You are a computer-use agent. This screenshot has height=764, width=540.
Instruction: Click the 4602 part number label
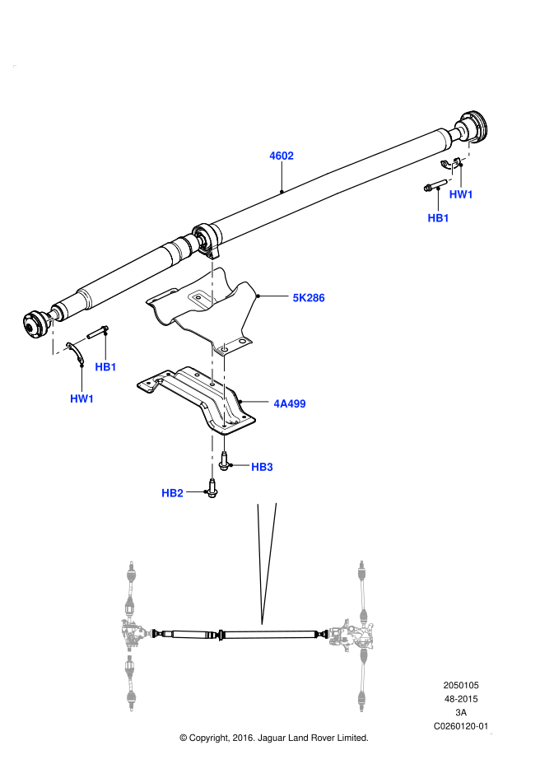click(x=282, y=156)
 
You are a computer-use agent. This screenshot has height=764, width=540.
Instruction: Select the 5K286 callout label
click(x=309, y=298)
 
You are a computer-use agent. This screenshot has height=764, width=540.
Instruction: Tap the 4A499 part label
click(x=290, y=403)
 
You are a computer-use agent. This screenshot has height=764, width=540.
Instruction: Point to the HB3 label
click(x=262, y=467)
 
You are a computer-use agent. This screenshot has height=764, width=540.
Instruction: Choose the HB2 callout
click(x=172, y=493)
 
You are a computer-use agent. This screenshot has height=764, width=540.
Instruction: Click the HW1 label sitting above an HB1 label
click(x=461, y=194)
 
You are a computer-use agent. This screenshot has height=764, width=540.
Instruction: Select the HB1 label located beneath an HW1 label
click(x=439, y=218)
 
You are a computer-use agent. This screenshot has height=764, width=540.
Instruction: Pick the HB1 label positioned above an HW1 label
click(x=105, y=367)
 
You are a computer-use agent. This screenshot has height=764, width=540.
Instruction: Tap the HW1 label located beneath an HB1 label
click(x=82, y=399)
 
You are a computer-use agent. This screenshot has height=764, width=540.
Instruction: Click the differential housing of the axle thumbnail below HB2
click(x=134, y=633)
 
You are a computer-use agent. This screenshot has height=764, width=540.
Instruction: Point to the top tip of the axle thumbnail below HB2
click(x=131, y=564)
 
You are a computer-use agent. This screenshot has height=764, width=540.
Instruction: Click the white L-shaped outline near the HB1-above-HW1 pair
click(x=54, y=338)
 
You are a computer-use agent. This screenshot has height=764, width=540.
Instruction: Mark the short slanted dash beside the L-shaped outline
click(x=79, y=341)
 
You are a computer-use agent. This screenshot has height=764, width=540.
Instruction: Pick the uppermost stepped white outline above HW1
click(x=470, y=148)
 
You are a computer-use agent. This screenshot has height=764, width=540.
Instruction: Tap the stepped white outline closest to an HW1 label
click(x=451, y=172)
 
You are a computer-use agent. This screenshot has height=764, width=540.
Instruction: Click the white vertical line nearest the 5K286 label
click(x=212, y=282)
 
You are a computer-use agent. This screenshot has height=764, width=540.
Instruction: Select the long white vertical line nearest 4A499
click(x=224, y=390)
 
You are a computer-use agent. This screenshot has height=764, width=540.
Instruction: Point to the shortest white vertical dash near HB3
click(x=224, y=444)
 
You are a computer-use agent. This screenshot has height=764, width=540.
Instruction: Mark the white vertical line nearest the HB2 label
click(x=212, y=454)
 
